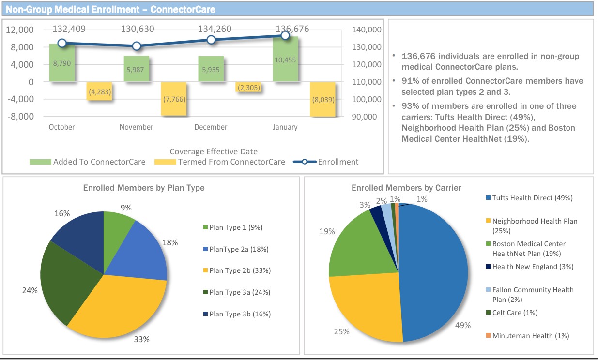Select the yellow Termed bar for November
click(173, 99)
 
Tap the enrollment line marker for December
click(211, 40)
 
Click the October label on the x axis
click(62, 127)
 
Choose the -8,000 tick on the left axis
click(20, 117)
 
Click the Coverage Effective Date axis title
click(214, 151)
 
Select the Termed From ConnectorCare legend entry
click(220, 162)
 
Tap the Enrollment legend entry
click(326, 162)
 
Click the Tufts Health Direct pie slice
click(433, 271)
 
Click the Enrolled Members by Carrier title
click(406, 188)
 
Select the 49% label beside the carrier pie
click(463, 325)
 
